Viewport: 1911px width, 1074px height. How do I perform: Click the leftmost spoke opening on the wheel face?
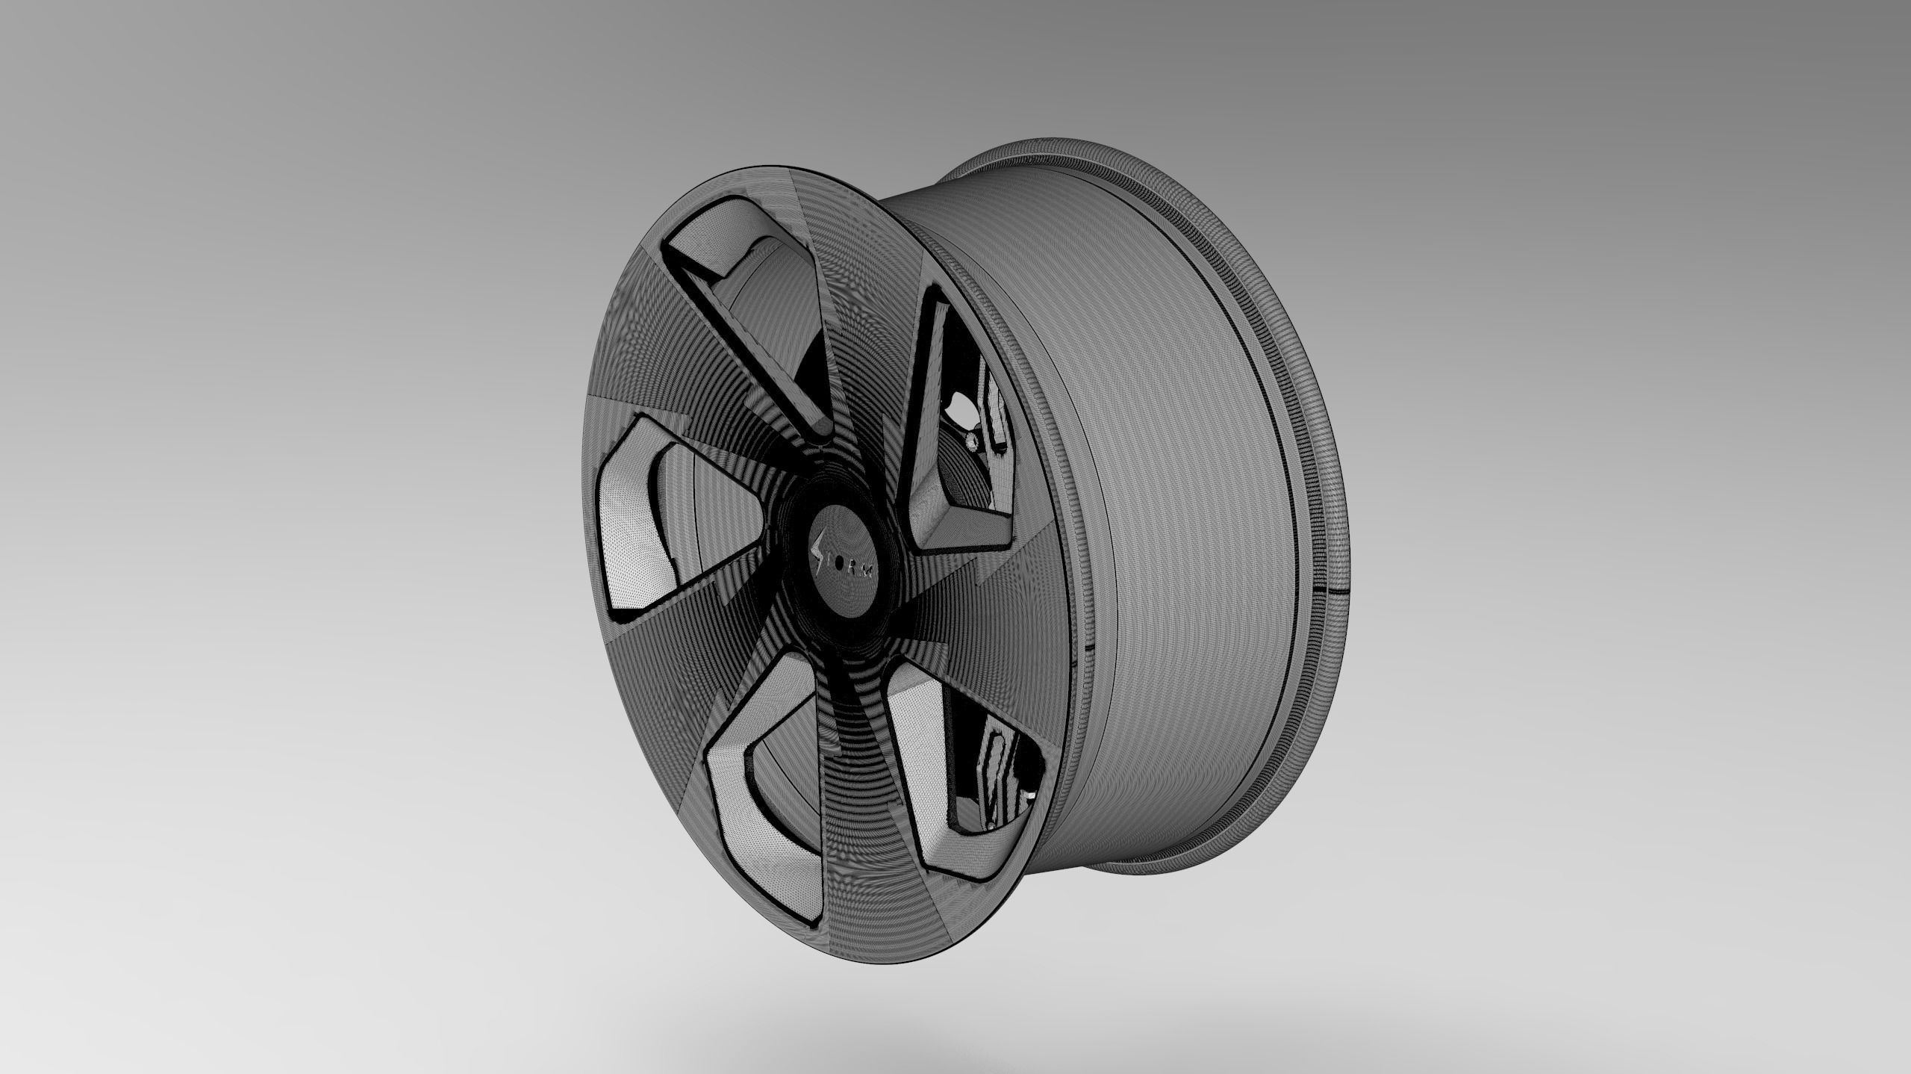[x=657, y=508]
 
